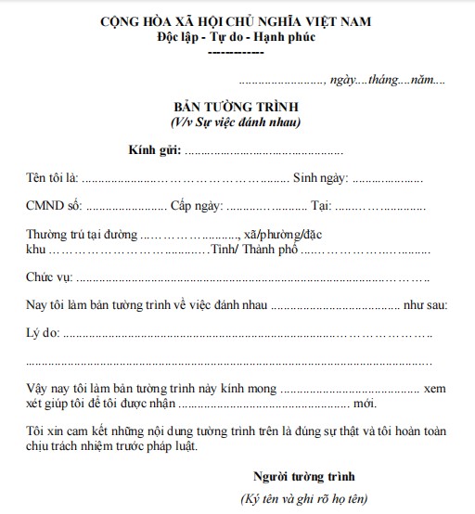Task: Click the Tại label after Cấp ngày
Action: pyautogui.click(x=321, y=204)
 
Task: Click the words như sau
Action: pyautogui.click(x=426, y=304)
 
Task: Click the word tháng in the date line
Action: pyautogui.click(x=388, y=81)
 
